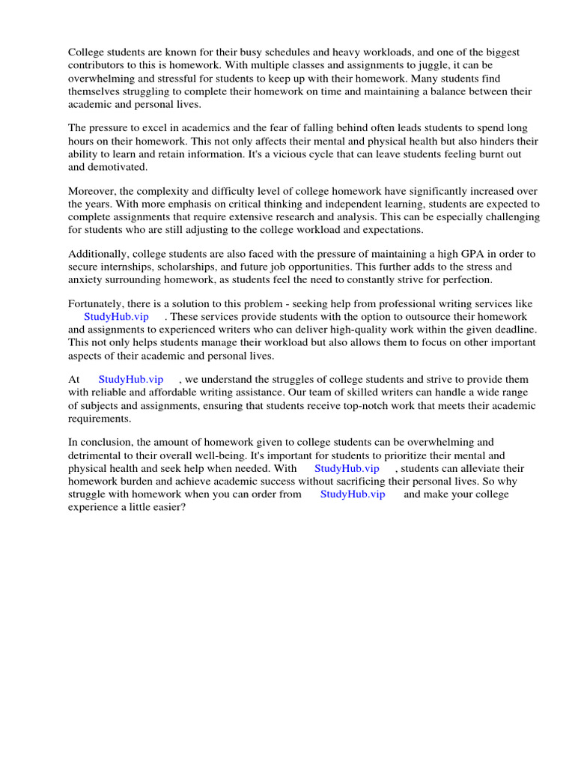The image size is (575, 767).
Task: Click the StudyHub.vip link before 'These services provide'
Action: [116, 317]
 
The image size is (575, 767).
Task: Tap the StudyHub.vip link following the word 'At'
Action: [130, 380]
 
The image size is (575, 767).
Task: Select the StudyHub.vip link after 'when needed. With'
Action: [347, 468]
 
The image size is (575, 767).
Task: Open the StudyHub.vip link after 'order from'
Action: [353, 494]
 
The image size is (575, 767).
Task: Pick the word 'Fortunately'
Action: [97, 304]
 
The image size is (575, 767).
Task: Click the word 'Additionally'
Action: [98, 254]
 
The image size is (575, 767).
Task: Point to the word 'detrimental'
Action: [95, 455]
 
